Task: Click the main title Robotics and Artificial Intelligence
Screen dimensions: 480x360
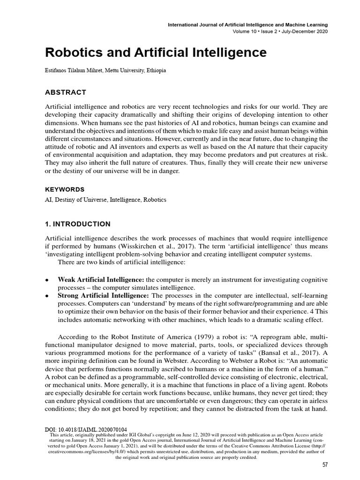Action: coord(156,52)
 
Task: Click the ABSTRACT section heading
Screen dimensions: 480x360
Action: coord(66,92)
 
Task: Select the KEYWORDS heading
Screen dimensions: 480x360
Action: coord(65,189)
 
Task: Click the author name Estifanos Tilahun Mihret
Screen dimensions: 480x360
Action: coord(82,71)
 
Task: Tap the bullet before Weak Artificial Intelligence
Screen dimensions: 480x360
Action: coord(47,280)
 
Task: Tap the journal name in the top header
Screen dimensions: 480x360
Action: coord(248,24)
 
